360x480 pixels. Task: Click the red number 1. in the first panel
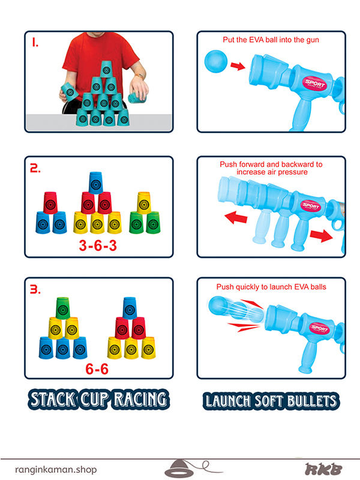[35, 42]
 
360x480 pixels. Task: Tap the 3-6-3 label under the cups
[98, 245]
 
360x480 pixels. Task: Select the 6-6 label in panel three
[97, 369]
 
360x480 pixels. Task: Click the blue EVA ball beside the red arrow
[216, 62]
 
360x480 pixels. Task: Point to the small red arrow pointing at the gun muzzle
[238, 66]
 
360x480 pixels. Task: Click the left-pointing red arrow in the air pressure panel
[236, 217]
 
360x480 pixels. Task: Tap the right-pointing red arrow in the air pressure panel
[321, 236]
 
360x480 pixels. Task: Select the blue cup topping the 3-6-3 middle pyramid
[96, 183]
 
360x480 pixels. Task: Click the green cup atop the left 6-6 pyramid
[63, 308]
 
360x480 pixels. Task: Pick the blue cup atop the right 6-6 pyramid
[130, 308]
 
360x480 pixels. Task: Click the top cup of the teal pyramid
[106, 69]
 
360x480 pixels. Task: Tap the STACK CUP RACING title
[98, 400]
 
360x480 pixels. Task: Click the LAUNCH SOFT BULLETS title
[271, 401]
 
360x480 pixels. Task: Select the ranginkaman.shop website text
[56, 469]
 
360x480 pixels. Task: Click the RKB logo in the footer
[323, 469]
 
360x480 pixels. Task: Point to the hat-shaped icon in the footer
[179, 468]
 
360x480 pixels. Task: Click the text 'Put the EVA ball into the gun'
[271, 40]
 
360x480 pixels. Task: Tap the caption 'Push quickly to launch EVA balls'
[271, 287]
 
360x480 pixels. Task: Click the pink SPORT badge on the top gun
[314, 83]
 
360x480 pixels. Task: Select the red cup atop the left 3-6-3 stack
[50, 203]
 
